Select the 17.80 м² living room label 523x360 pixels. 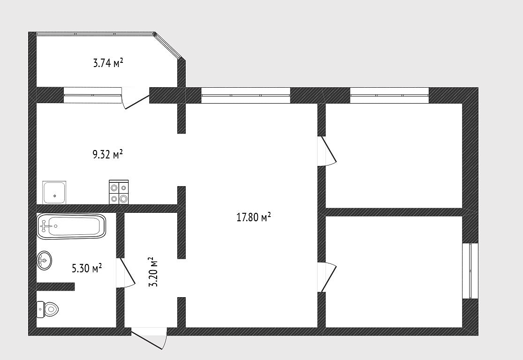pyautogui.click(x=253, y=217)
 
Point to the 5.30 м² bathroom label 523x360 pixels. pyautogui.click(x=87, y=268)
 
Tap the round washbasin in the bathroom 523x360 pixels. pyautogui.click(x=44, y=260)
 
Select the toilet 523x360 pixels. pyautogui.click(x=47, y=309)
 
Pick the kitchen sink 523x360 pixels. pyautogui.click(x=54, y=193)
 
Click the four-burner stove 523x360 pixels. pyautogui.click(x=119, y=192)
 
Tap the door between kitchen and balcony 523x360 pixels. pyautogui.click(x=135, y=98)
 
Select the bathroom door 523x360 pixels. pyautogui.click(x=125, y=273)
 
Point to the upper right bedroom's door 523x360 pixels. pyautogui.click(x=327, y=150)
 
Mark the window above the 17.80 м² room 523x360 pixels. pyautogui.click(x=246, y=95)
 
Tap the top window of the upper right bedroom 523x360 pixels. pyautogui.click(x=389, y=95)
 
